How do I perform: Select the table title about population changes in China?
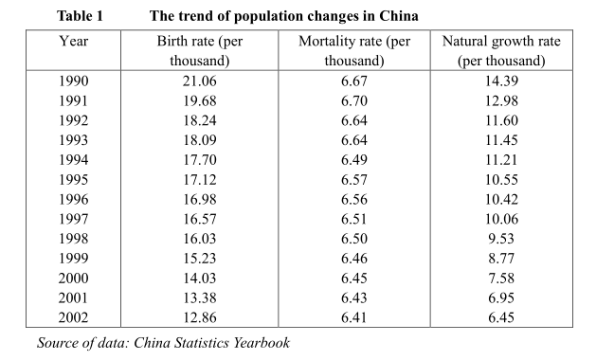click(284, 17)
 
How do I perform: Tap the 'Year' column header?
click(74, 43)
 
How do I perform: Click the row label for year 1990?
click(74, 82)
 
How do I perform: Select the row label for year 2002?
click(74, 316)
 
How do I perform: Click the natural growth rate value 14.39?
click(501, 82)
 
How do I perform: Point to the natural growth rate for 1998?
click(501, 239)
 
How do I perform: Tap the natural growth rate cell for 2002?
click(501, 316)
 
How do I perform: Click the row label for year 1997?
click(74, 219)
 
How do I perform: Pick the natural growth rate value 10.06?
click(501, 219)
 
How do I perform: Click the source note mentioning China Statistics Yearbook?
click(162, 343)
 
